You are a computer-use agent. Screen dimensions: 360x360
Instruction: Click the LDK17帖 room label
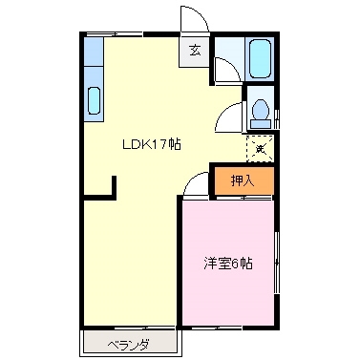[151, 144]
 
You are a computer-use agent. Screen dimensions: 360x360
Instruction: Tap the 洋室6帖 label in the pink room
[227, 264]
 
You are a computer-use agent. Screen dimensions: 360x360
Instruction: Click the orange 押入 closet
[242, 179]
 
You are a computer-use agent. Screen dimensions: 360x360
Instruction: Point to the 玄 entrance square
[194, 51]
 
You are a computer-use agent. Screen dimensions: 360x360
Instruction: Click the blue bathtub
[260, 60]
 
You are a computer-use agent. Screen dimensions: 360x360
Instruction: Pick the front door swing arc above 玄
[191, 22]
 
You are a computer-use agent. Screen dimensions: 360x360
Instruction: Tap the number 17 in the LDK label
[162, 144]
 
